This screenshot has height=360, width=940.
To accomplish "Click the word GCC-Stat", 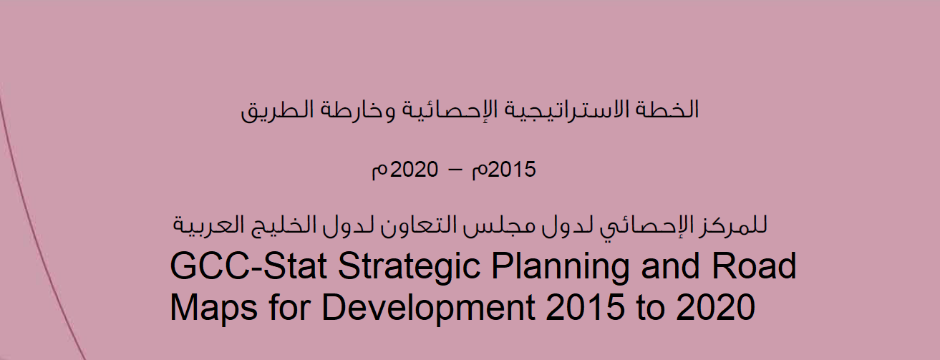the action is [x=248, y=266].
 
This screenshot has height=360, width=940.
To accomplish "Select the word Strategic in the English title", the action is [x=410, y=269].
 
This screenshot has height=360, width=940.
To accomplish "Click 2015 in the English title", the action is [x=585, y=307].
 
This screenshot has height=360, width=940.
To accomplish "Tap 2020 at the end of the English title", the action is [x=716, y=307].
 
